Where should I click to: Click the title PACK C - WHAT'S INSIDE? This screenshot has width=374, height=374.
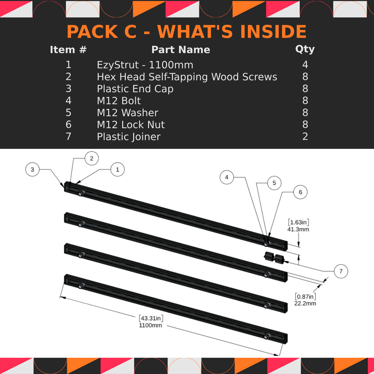coord(187,32)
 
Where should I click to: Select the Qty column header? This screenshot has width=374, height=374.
coord(305,49)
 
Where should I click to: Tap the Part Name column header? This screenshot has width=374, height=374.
coord(181,50)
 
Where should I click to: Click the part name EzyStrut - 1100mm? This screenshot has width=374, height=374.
coord(145,65)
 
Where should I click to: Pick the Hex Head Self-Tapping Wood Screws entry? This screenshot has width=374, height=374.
coord(187,77)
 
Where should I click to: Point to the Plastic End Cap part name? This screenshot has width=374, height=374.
coord(135,89)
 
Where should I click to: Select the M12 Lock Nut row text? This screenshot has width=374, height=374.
coord(130,125)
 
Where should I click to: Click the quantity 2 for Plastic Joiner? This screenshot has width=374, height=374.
coord(305,137)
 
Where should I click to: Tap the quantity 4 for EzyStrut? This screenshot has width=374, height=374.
coord(305,65)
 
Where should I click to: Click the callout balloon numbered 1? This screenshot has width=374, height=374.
coord(118,170)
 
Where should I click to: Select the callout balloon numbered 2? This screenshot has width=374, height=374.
coord(92,158)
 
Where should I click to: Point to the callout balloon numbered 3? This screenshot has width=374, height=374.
coord(32,170)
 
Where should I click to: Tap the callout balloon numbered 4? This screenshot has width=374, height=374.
coord(227,177)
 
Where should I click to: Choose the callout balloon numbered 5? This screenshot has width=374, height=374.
coord(274,183)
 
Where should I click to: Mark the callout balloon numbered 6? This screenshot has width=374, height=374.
coord(300,192)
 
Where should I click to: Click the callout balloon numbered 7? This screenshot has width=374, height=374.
coord(341,271)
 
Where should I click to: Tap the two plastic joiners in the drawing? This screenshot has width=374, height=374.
coord(274,258)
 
